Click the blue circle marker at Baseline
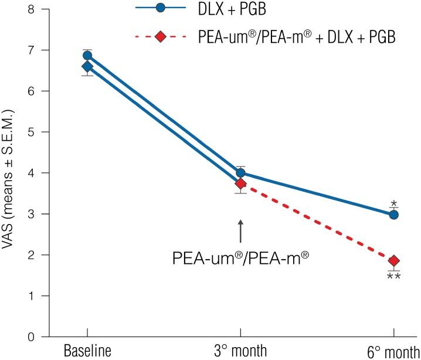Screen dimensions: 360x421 (x=87, y=56)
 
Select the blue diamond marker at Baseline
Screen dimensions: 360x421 (x=87, y=66)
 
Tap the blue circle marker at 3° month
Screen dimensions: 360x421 (x=240, y=173)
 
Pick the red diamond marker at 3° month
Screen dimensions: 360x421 (x=240, y=184)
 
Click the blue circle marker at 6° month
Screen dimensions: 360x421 (x=394, y=215)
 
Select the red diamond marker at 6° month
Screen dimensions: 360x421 (x=394, y=260)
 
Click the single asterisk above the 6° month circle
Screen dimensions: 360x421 (x=394, y=204)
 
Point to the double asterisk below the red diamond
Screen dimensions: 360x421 (x=394, y=276)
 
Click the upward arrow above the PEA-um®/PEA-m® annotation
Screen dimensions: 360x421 (x=240, y=231)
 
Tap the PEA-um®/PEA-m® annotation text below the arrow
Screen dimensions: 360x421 (x=240, y=257)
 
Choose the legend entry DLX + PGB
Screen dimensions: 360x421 (x=239, y=9)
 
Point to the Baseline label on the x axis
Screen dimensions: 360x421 (x=87, y=351)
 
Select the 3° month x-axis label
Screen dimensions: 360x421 (x=240, y=351)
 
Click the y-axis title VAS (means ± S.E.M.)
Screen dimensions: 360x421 (x=10, y=172)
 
